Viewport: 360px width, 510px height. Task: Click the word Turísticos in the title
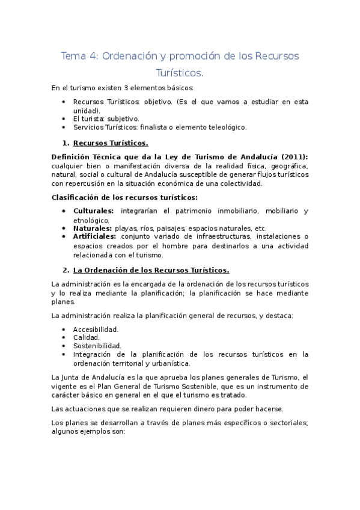[180, 73]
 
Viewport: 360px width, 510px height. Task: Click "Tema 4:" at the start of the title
[79, 56]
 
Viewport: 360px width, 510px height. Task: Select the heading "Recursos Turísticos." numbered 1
[110, 143]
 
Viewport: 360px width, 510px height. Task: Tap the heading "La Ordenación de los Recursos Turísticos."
[151, 269]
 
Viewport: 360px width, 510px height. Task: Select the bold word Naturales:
[93, 229]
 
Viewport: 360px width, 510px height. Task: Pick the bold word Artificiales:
[95, 237]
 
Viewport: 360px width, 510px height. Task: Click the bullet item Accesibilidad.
[96, 330]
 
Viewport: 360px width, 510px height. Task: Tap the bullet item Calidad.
[86, 338]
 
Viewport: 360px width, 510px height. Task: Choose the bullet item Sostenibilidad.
[97, 346]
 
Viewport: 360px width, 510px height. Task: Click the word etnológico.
[92, 220]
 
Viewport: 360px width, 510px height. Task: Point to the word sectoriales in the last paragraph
[286, 423]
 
